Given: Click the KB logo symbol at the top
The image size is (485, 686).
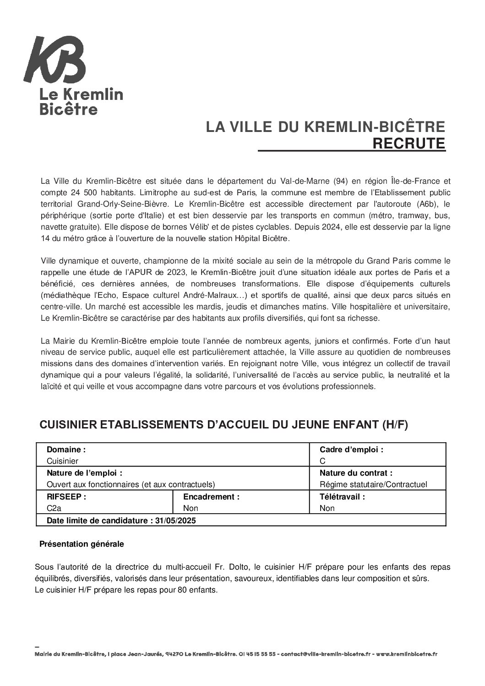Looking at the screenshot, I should point(54,60).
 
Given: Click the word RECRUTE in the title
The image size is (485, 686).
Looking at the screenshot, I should point(409,144).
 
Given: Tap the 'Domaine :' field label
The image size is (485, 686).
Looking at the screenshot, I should point(66,450).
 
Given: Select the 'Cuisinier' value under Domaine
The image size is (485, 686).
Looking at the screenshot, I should point(62,461).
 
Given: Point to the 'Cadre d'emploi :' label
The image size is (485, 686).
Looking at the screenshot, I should point(351,450).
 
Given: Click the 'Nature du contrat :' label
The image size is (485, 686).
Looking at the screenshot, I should point(356,473).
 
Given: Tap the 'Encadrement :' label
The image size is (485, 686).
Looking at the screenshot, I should point(211,496).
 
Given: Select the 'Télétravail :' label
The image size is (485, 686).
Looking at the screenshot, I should point(342,496).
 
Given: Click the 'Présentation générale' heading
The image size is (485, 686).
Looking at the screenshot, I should point(82,544).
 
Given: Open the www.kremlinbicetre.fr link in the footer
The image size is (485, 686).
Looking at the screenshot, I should point(408,654).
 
